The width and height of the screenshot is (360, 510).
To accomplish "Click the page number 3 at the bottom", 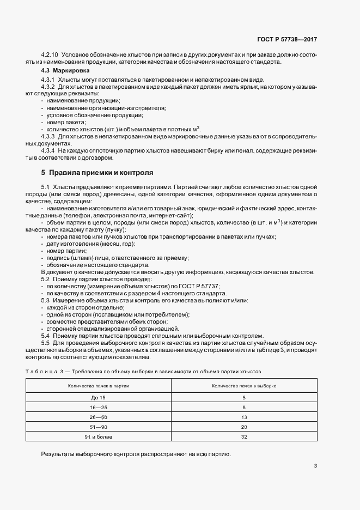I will coord(316,466).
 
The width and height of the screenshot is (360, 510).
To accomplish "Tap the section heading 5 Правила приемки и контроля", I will coord(97,173).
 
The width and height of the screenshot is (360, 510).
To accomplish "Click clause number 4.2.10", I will coord(50,56).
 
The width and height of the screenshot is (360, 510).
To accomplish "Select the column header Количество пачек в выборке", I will coord(244,385).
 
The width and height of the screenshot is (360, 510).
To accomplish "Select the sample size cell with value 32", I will coord(244,436).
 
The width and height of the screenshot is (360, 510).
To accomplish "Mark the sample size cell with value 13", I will coord(244,417).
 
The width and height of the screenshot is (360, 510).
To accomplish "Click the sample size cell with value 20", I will coord(244,427).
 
